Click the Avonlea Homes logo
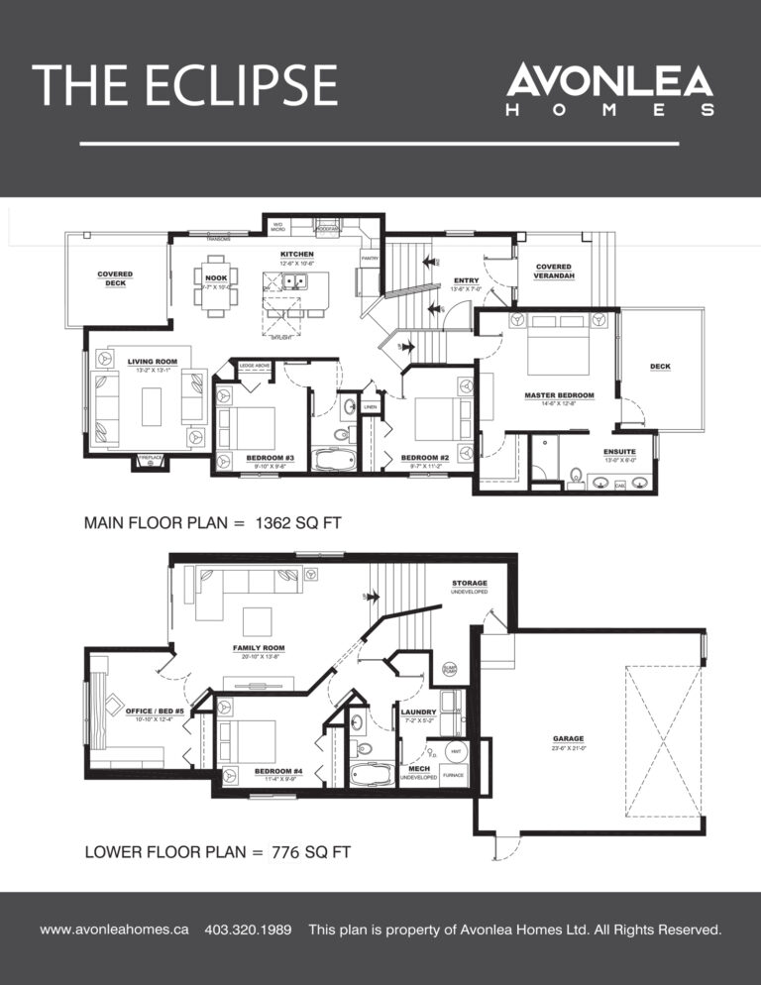point(609,90)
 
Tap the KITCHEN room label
point(297,255)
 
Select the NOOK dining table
point(216,287)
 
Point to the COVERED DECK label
point(115,278)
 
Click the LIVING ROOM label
point(153,362)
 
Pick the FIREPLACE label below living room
point(150,458)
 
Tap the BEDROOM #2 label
point(426,458)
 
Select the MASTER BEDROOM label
point(559,395)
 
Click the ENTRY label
point(466,280)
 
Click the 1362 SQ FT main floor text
point(294,523)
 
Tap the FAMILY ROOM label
point(259,648)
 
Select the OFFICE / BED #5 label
point(155,711)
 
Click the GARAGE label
point(569,738)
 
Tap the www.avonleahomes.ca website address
point(114,930)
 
